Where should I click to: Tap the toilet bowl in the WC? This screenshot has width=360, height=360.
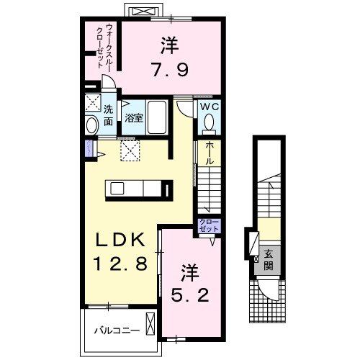(210, 124)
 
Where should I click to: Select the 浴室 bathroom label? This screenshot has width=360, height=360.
(133, 117)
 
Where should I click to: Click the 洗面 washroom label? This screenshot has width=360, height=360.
(108, 115)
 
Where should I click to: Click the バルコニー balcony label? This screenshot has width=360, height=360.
(114, 331)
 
